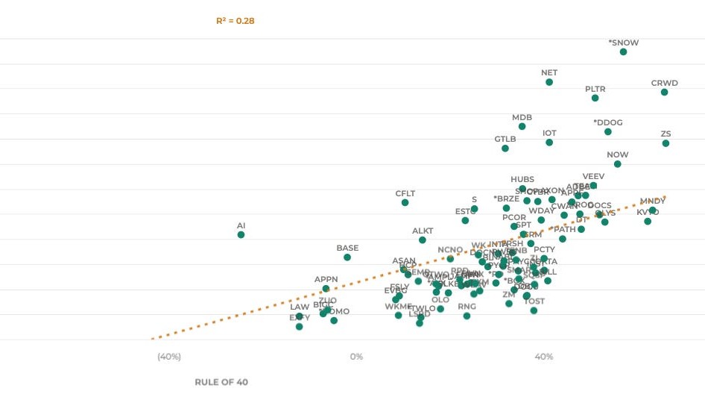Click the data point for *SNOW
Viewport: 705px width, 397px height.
623,52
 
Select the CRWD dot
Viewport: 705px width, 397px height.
664,93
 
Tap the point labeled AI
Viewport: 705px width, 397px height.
241,235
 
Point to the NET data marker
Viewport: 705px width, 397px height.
549,82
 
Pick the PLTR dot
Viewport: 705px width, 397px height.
595,99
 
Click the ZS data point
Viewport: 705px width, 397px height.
666,143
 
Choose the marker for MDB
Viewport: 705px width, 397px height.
522,127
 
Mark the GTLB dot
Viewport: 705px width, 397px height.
505,149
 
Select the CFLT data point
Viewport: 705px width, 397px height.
405,203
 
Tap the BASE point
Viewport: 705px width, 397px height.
347,257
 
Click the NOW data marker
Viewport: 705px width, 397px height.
618,164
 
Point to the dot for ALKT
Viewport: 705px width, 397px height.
423,240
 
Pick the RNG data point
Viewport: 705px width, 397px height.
467,316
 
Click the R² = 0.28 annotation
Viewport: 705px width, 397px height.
235,21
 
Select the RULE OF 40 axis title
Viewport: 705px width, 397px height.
221,382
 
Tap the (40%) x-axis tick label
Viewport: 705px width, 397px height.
169,357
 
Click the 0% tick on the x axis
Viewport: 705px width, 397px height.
356,357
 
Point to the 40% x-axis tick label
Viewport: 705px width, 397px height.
544,357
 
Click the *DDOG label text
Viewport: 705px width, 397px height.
608,122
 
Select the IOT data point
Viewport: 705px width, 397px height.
549,143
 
